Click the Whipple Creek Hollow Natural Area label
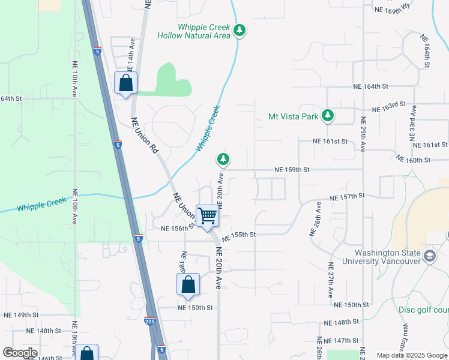(193, 32)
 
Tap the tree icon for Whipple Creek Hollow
(240, 30)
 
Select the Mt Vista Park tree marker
(327, 115)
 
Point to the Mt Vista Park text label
(293, 116)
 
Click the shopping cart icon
(208, 216)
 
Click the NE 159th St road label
(292, 170)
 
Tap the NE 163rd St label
(389, 107)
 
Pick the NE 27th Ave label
(331, 280)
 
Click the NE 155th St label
(239, 235)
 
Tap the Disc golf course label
(423, 310)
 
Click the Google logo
(19, 353)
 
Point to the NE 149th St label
(21, 315)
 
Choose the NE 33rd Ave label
(414, 122)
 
